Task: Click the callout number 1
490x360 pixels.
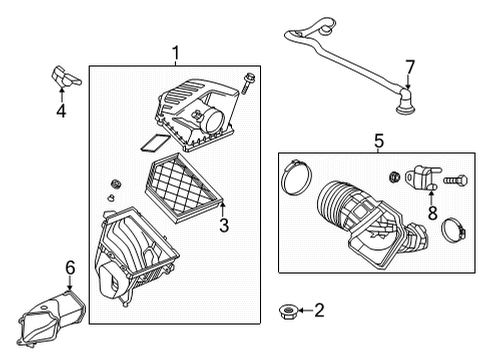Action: (176, 53)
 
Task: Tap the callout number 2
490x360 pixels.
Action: (319, 311)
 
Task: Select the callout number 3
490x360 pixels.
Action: (224, 225)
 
